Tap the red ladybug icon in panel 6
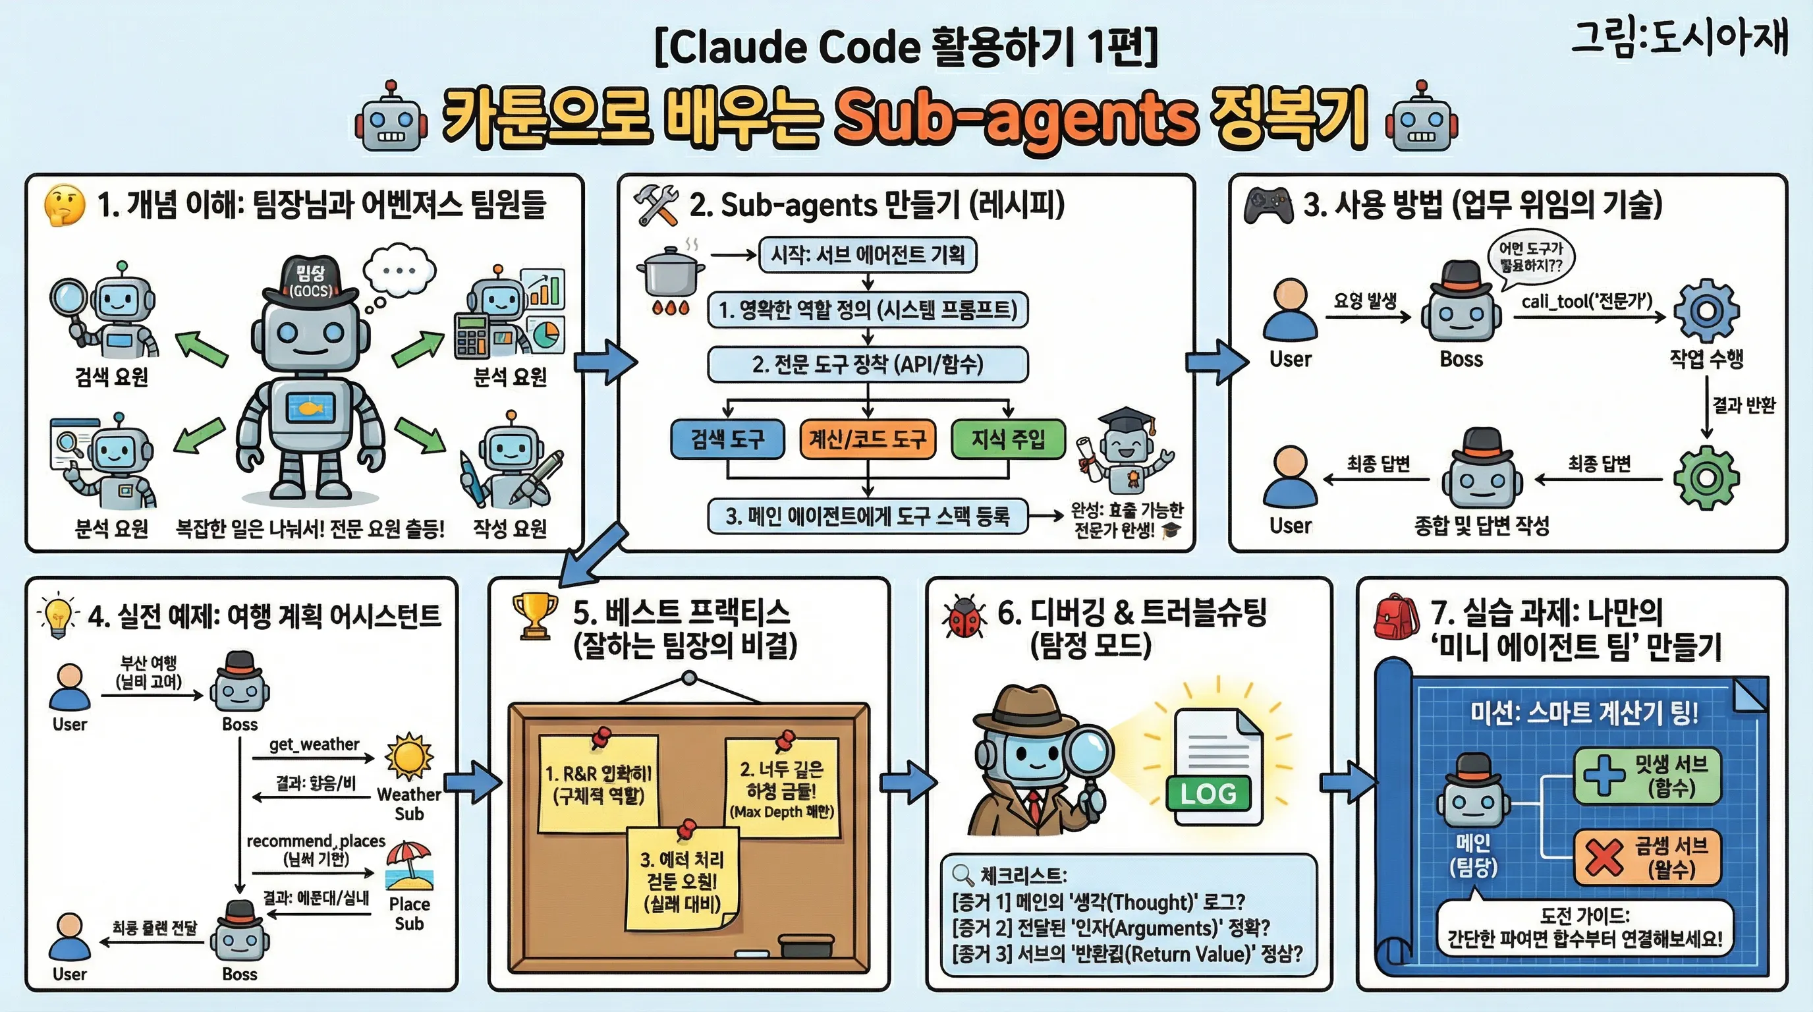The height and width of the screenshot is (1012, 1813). tap(964, 617)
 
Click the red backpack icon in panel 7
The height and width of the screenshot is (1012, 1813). tap(1395, 617)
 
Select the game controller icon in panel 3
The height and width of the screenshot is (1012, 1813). tap(1268, 205)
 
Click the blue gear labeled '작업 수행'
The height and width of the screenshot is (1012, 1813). tap(1706, 311)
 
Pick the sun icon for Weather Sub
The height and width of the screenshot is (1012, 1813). tap(409, 757)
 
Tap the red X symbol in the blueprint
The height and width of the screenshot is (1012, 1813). tap(1604, 857)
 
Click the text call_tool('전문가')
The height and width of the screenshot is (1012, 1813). tap(1586, 302)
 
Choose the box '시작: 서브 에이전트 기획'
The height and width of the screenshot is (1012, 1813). tap(867, 254)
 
